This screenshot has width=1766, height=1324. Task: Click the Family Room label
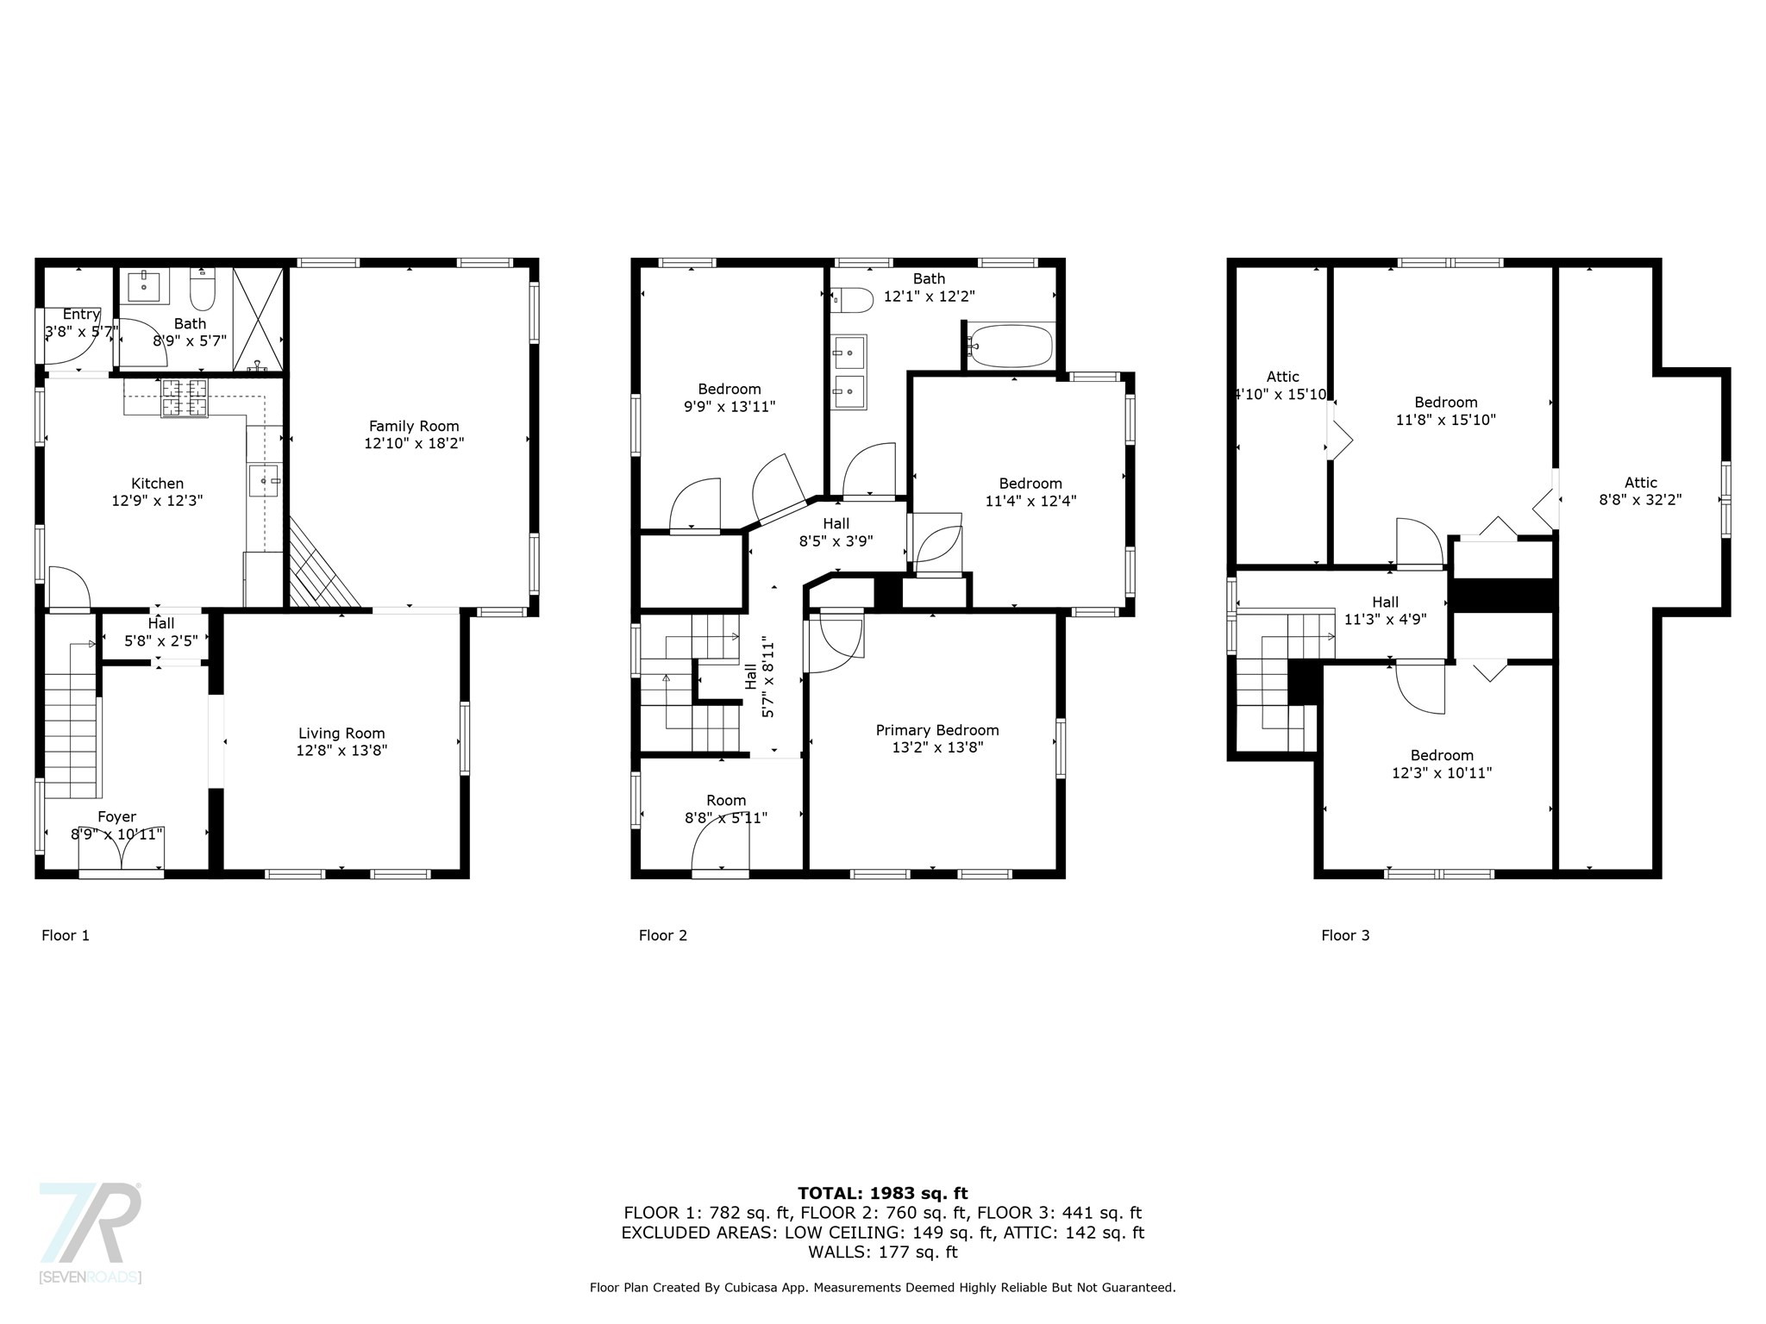click(414, 426)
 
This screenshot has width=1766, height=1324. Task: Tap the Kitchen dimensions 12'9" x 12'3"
click(157, 501)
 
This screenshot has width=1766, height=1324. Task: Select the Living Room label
click(341, 734)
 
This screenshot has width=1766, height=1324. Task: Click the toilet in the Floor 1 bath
click(203, 289)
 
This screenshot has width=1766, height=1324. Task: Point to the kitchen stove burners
click(185, 397)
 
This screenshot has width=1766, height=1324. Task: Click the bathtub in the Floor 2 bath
click(1010, 346)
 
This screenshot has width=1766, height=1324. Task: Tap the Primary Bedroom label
click(937, 730)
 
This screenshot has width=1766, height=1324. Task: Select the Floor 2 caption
click(662, 935)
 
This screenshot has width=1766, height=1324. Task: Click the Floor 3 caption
click(1345, 935)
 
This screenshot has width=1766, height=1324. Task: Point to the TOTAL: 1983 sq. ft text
click(883, 1193)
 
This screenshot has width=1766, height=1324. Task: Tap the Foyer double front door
click(122, 850)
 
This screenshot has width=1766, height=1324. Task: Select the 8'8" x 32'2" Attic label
click(1640, 491)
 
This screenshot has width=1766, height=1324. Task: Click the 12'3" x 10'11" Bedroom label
click(1442, 765)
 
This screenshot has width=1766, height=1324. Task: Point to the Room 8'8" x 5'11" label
click(726, 809)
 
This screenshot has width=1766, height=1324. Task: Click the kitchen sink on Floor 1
click(266, 480)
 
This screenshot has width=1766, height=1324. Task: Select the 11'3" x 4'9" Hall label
click(1385, 610)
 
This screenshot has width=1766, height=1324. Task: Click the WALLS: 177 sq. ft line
click(883, 1252)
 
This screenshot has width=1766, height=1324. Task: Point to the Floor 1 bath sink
click(143, 285)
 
